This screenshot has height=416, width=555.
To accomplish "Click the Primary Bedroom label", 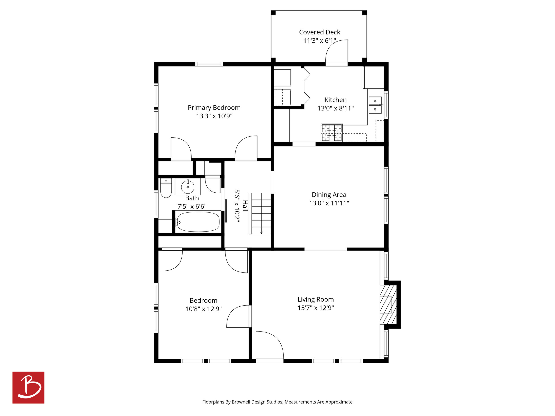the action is [x=214, y=108].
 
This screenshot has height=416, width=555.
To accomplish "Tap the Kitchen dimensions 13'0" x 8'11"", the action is [x=336, y=108].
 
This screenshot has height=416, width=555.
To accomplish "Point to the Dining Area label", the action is [x=329, y=195].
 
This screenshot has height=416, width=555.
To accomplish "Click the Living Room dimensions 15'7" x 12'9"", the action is [x=316, y=308].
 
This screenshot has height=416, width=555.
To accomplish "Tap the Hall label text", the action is [x=245, y=206].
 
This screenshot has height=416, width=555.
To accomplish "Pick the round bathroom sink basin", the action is [x=188, y=187].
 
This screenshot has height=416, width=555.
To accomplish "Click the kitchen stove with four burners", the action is [x=332, y=133].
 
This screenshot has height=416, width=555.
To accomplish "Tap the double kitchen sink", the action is [x=375, y=105].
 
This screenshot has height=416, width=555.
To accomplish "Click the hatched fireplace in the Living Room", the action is [x=388, y=305].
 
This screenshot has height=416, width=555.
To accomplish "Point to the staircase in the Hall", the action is [x=260, y=213].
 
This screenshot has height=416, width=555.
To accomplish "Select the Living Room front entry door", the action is [x=270, y=346].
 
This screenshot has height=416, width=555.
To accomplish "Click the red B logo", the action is [x=28, y=387].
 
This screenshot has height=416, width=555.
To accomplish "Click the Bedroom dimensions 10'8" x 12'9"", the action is [x=203, y=309].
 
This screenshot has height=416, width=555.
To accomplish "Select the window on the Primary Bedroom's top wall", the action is [x=209, y=64].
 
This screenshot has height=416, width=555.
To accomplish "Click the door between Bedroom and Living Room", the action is [x=238, y=316].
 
